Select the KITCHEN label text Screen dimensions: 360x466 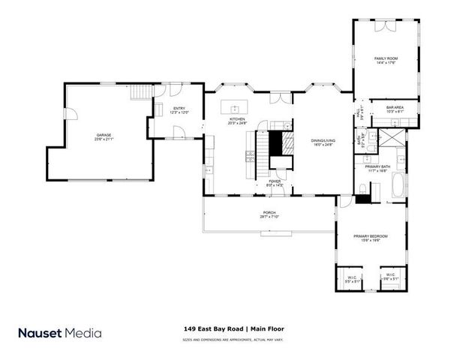237,119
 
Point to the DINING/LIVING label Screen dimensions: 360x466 323,142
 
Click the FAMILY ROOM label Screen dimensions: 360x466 385,59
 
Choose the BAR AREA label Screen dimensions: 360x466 395,108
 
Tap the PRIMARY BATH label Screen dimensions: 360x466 377,168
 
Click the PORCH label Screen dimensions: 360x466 268,214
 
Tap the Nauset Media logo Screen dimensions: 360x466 60,332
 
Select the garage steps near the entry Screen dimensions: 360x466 140,92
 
